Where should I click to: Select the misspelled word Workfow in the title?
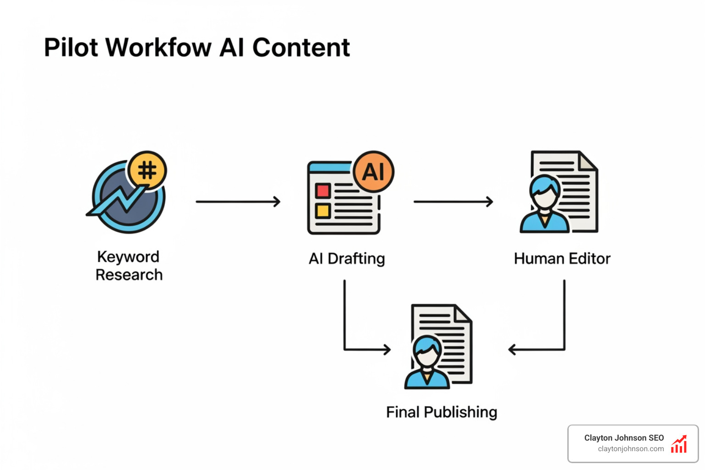pyautogui.click(x=159, y=47)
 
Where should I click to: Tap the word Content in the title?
pyautogui.click(x=301, y=47)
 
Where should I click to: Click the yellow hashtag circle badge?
pyautogui.click(x=147, y=170)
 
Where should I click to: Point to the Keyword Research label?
pyautogui.click(x=129, y=266)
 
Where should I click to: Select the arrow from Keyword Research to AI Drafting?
pyautogui.click(x=238, y=201)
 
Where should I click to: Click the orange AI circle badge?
pyautogui.click(x=374, y=172)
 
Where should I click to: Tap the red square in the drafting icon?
pyautogui.click(x=323, y=190)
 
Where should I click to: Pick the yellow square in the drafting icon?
pyautogui.click(x=323, y=211)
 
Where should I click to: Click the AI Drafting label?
pyautogui.click(x=347, y=259)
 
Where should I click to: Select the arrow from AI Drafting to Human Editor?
pyautogui.click(x=453, y=201)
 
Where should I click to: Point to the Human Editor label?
pyautogui.click(x=562, y=259)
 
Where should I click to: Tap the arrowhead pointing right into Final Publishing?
pyautogui.click(x=387, y=350)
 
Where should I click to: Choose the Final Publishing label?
pyautogui.click(x=442, y=412)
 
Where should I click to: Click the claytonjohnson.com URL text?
pyautogui.click(x=631, y=449)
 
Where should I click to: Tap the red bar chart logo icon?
pyautogui.click(x=679, y=444)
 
